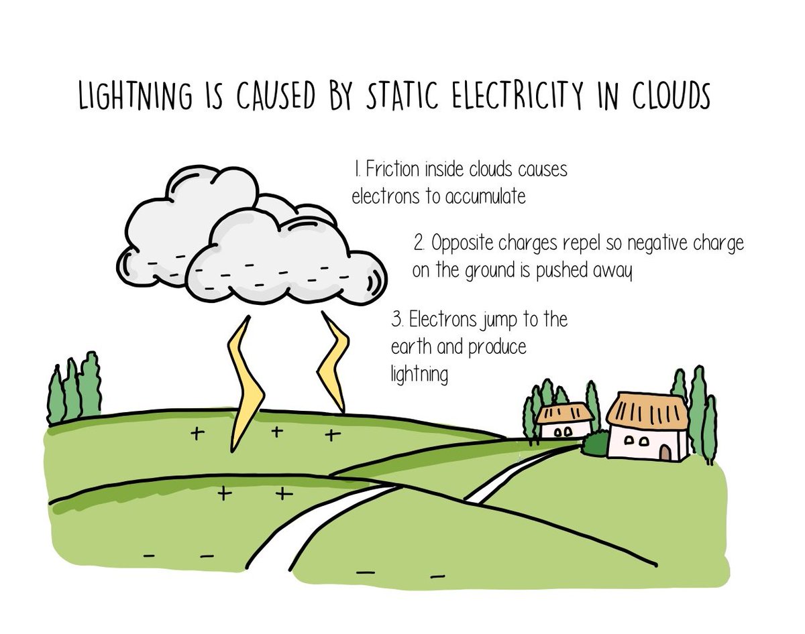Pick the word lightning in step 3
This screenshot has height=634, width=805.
click(419, 375)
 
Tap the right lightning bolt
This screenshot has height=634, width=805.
click(333, 362)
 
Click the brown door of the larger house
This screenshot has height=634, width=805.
click(665, 453)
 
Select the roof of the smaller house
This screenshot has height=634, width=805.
click(564, 412)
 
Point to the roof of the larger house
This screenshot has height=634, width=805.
click(647, 409)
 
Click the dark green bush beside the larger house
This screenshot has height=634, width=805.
click(595, 443)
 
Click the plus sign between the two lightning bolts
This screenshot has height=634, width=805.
click(275, 432)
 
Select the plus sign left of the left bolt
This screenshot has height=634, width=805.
click(197, 434)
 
